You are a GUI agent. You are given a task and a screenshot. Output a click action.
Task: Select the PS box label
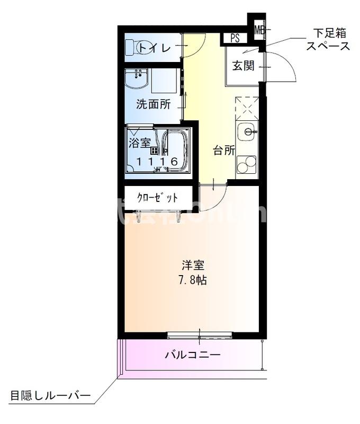tap(235, 38)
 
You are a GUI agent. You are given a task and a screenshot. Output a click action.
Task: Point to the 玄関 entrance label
tap(243, 66)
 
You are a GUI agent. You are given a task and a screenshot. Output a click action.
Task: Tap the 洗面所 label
tap(153, 104)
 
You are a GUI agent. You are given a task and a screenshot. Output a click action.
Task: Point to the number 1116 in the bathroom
tap(157, 162)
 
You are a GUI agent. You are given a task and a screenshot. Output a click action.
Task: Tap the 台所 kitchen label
tap(224, 150)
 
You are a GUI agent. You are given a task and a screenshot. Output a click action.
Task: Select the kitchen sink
tap(247, 131)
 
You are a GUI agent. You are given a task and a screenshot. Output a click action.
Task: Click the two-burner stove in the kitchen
tap(246, 165)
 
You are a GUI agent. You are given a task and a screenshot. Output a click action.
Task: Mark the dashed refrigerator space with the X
tap(247, 108)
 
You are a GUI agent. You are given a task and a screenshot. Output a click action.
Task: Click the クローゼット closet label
tap(157, 198)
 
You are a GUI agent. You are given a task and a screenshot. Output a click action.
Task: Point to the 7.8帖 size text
tap(192, 280)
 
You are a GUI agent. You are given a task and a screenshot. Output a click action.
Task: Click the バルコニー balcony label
tap(193, 355)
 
